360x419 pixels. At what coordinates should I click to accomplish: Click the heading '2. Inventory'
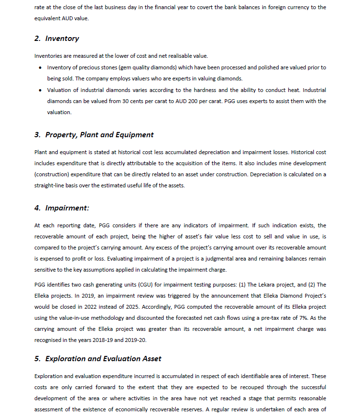pos(57,39)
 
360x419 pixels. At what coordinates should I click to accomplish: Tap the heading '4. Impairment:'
pos(62,208)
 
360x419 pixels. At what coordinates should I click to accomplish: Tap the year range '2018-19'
pos(120,340)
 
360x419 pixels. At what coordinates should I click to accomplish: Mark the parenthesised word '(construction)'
pos(52,174)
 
